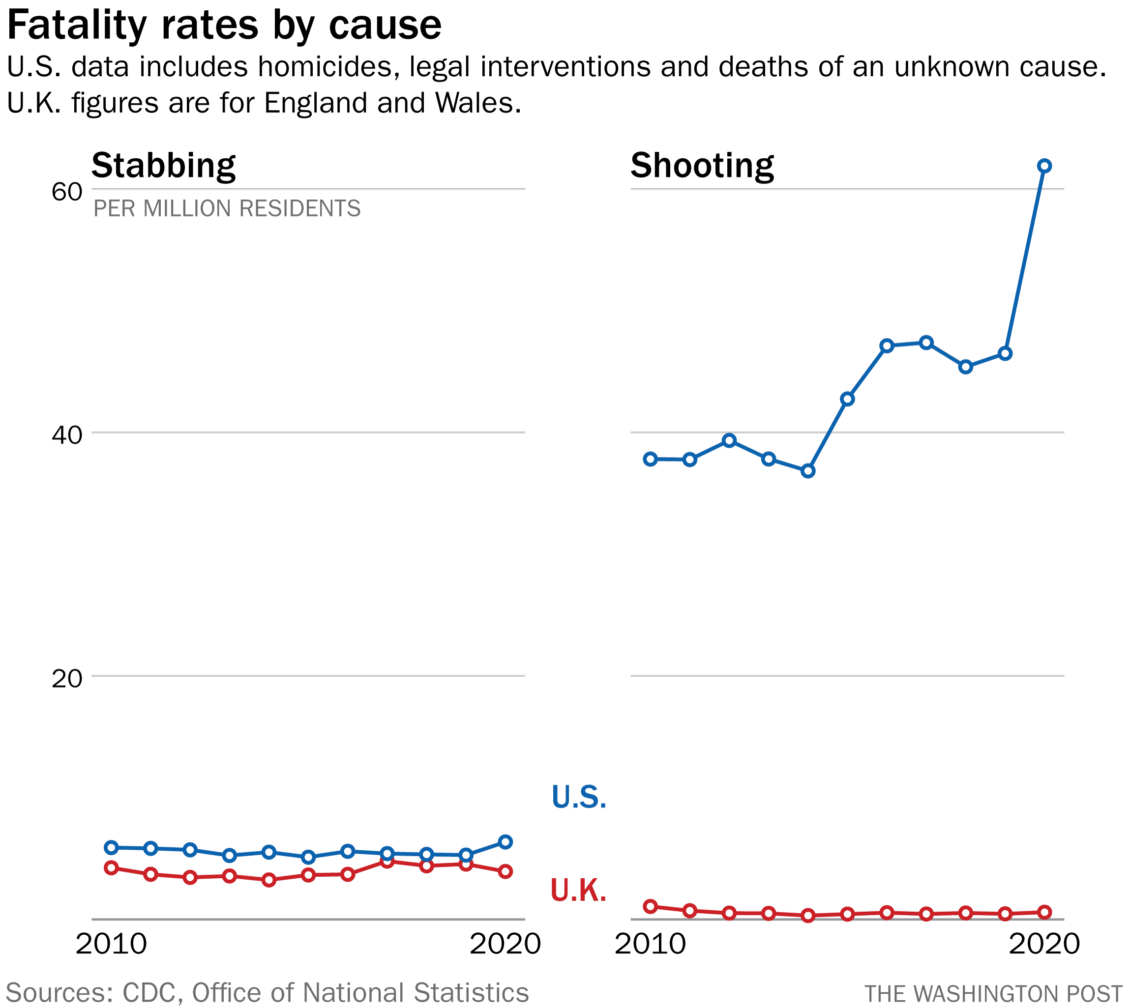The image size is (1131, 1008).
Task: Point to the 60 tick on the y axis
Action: click(66, 192)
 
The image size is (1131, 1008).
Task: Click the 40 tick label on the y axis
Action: click(66, 435)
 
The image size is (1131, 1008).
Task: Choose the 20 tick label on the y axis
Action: click(66, 678)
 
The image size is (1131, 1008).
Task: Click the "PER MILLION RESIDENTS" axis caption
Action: click(227, 209)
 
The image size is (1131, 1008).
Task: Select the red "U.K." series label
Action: click(578, 891)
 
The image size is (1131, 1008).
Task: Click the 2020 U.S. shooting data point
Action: click(1044, 166)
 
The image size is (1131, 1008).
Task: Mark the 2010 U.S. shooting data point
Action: click(651, 459)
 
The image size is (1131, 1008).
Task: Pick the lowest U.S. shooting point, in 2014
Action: click(808, 471)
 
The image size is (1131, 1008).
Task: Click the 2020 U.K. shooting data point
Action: click(1044, 912)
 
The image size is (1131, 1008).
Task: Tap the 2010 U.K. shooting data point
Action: click(651, 907)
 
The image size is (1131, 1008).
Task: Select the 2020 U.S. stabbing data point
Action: click(506, 842)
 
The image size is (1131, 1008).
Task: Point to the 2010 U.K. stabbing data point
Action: click(112, 868)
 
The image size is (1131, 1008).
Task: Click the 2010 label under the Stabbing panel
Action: click(112, 944)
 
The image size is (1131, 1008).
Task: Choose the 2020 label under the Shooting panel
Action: click(1044, 944)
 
